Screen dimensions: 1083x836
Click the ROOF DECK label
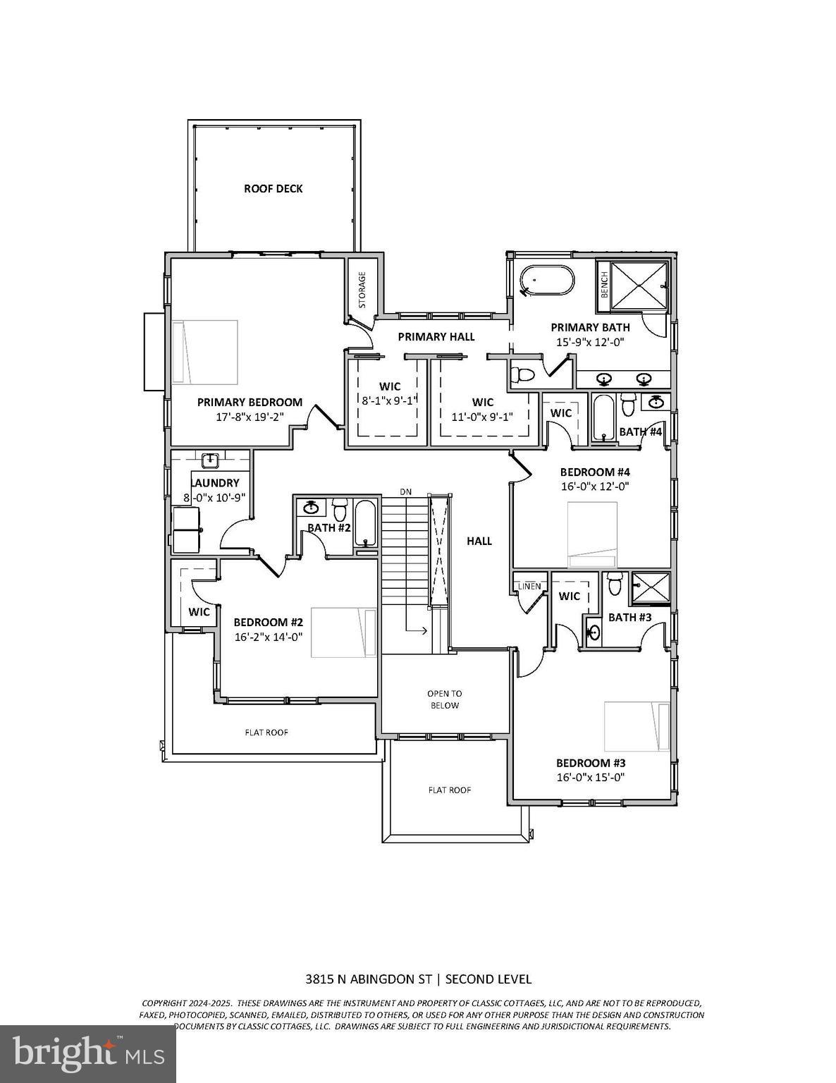pos(273,188)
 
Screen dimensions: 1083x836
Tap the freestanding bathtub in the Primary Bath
pos(547,281)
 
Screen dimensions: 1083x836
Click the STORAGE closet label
pos(362,290)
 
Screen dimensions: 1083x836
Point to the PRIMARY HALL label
pos(436,337)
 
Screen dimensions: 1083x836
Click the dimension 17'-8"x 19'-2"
pos(250,417)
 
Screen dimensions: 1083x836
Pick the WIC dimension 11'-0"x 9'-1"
pos(483,417)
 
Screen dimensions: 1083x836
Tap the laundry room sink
pos(210,462)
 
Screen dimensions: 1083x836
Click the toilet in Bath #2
pos(340,508)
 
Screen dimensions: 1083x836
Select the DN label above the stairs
pos(405,491)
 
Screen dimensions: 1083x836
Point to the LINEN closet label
pos(529,586)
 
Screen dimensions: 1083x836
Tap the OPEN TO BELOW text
pos(445,699)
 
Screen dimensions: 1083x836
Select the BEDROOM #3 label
pos(591,763)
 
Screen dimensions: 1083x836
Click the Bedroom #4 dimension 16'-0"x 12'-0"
pos(594,486)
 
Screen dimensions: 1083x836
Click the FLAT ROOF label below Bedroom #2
pos(266,733)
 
